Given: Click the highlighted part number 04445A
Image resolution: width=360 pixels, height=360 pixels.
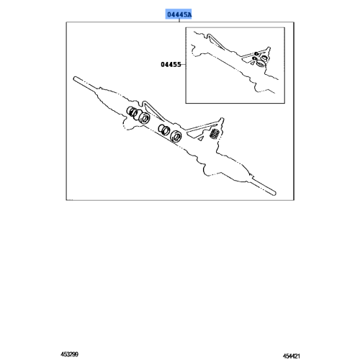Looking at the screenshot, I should pos(181,13).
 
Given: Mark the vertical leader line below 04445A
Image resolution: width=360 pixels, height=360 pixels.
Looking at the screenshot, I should pos(181,21).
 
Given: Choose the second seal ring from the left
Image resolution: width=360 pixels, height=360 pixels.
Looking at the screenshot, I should pos(143,118).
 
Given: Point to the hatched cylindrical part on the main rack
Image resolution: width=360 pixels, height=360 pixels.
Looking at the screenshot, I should pos(215,136).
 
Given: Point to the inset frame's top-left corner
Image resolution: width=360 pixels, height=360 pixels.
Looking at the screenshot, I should pos(185,27).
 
